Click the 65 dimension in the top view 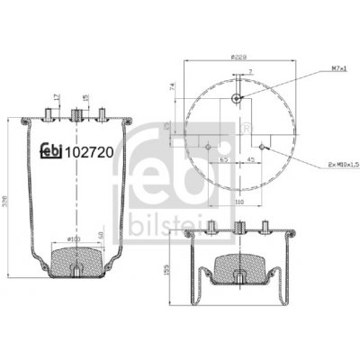(223, 158)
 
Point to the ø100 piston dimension (75, 238)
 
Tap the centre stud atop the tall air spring (76, 113)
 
